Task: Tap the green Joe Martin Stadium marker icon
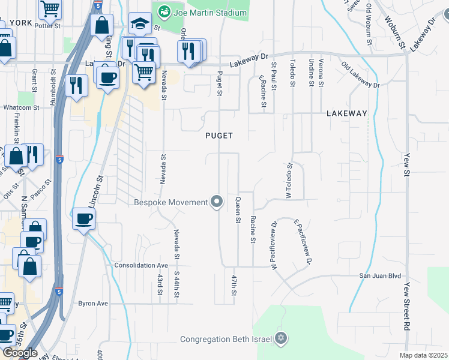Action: pos(163,12)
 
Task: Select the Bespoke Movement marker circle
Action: pos(217,202)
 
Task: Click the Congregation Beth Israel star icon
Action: pos(280,339)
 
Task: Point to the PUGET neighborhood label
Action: pos(218,136)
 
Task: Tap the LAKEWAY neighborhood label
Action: pos(346,113)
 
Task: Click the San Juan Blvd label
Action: pos(379,276)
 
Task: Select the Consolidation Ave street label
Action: pos(141,265)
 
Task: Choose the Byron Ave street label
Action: pos(93,304)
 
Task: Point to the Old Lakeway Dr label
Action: pos(360,74)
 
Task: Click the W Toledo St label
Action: pos(289,181)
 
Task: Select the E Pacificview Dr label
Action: pos(303,241)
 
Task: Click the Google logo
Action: pos(20,353)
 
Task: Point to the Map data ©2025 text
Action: pos(423,355)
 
